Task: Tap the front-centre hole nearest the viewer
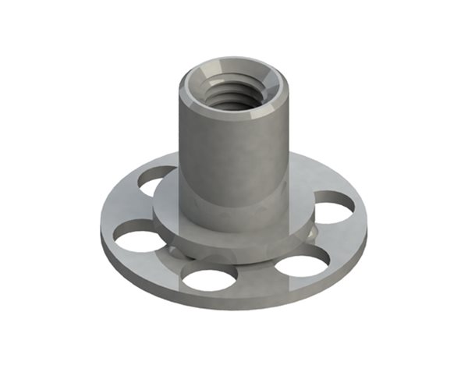pyautogui.click(x=208, y=278)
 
